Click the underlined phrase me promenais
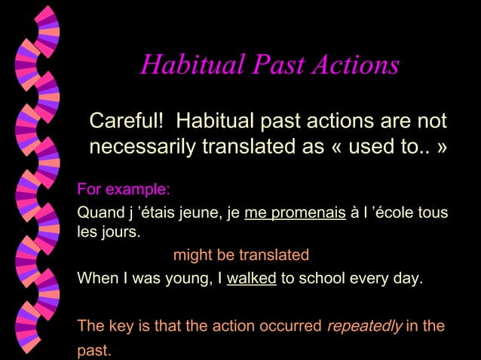tap(295, 214)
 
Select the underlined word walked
tap(251, 279)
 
